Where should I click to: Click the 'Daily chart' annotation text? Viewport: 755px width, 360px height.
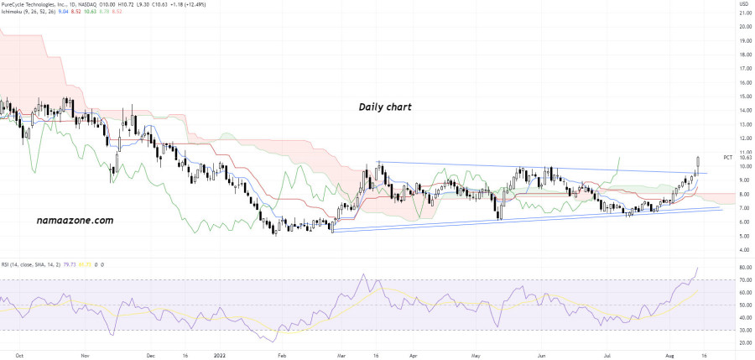[x=385, y=107]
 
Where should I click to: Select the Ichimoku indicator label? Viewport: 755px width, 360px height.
[x=18, y=13]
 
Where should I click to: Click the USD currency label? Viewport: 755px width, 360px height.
[x=742, y=5]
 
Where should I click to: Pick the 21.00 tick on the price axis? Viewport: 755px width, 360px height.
[x=744, y=26]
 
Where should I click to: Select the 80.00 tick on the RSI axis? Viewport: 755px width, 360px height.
[x=744, y=267]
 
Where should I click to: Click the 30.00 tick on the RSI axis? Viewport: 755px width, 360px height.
[x=744, y=330]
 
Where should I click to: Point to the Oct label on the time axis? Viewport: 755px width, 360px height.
[x=18, y=355]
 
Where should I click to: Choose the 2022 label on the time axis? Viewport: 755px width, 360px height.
[x=220, y=355]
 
